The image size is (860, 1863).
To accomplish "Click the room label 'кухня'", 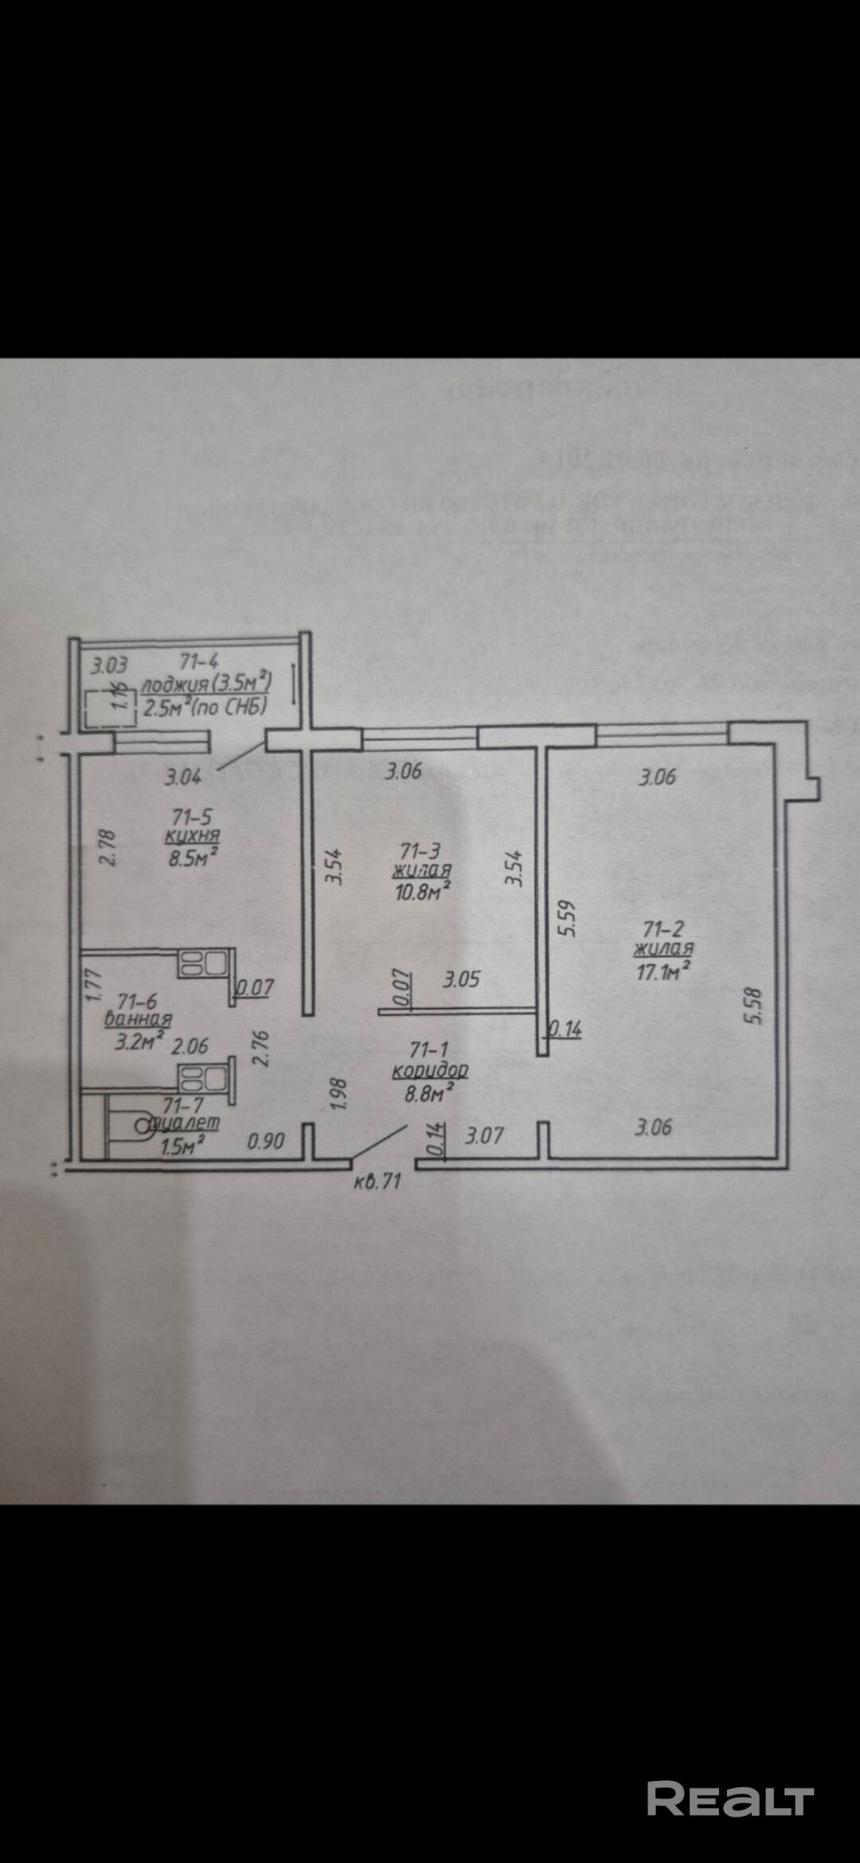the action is pos(192,836).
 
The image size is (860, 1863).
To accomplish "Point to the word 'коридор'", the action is pos(429,1071).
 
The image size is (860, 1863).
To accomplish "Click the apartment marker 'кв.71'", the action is pos(377,1181).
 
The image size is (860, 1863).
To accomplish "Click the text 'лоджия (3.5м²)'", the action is pos(206,682).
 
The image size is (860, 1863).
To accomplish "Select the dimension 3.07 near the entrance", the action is pos(484,1134).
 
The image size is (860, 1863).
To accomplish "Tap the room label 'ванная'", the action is pos(139,1018).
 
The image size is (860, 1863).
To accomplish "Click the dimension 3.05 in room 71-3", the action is pos(461,978).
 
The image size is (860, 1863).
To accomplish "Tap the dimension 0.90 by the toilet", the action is pos(266,1141).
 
